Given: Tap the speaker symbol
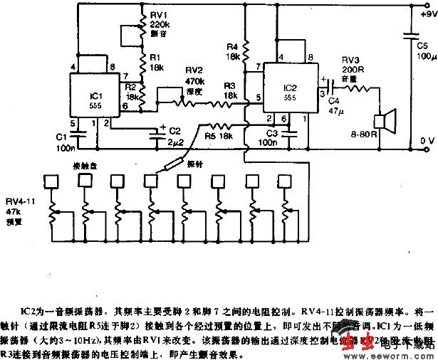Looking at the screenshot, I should pos(387,122).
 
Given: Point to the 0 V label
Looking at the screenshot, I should pos(427,141).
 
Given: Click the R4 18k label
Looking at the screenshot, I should pos(232,51).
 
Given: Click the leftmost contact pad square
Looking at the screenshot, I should pos(51,181).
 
